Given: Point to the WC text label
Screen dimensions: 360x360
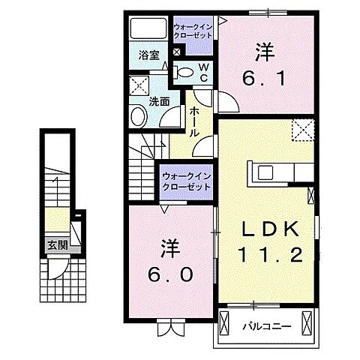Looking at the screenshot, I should (202, 70).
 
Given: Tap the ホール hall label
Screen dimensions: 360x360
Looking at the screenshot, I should (194, 120).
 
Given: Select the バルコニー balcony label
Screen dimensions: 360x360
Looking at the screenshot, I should (261, 325).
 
